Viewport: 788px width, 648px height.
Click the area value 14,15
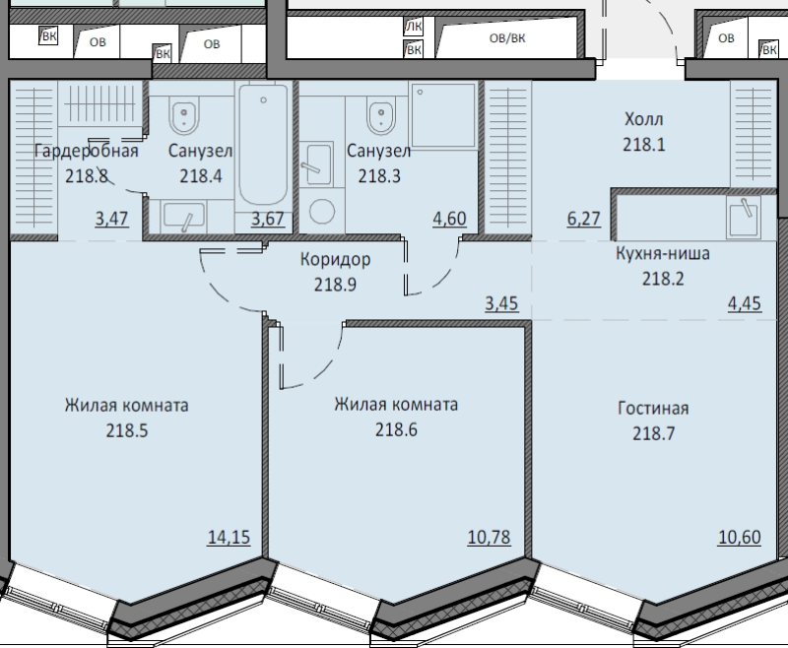point(229,537)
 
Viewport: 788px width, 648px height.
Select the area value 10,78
point(489,537)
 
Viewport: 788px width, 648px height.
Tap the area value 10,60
point(740,537)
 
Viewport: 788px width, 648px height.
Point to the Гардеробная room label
point(87,151)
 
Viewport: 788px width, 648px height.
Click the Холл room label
point(644,119)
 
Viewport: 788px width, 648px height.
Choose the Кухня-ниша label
point(663,253)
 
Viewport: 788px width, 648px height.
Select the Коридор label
point(335,259)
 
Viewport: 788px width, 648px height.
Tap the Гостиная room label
point(653,408)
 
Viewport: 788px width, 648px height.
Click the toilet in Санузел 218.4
point(185,115)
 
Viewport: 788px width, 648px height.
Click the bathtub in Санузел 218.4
point(263,145)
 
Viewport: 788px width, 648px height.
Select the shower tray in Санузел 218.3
point(443,115)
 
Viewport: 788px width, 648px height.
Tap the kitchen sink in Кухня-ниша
point(744,218)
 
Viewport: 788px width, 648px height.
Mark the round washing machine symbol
point(322,212)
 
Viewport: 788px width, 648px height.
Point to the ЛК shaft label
point(414,27)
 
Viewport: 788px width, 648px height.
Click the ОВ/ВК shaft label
point(507,38)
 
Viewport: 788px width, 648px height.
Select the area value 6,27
point(584,219)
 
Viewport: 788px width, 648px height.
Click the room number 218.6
point(396,430)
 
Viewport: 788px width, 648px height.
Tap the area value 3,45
point(501,303)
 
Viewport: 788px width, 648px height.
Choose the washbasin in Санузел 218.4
point(183,216)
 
